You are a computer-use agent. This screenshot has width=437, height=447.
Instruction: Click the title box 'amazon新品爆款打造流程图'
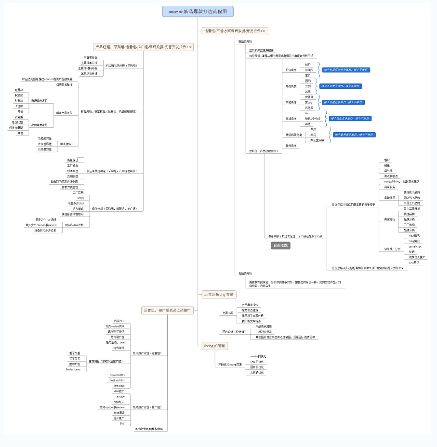point(198,11)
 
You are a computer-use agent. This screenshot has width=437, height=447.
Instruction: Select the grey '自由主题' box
point(280,245)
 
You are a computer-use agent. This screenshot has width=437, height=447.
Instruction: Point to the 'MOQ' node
point(80,198)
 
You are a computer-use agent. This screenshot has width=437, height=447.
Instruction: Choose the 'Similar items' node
point(73,369)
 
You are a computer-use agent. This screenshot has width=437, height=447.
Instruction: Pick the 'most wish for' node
point(116,380)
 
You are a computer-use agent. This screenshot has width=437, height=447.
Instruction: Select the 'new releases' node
point(117,374)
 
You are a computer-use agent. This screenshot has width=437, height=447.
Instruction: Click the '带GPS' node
point(308,102)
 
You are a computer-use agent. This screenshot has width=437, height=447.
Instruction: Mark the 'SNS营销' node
point(414,262)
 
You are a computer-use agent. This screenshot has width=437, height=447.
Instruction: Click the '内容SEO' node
point(119,321)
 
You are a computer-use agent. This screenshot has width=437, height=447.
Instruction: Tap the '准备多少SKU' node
point(76,203)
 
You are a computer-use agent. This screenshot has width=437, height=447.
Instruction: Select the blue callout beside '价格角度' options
point(346,70)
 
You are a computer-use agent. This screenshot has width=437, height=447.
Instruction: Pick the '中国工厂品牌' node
point(411,203)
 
